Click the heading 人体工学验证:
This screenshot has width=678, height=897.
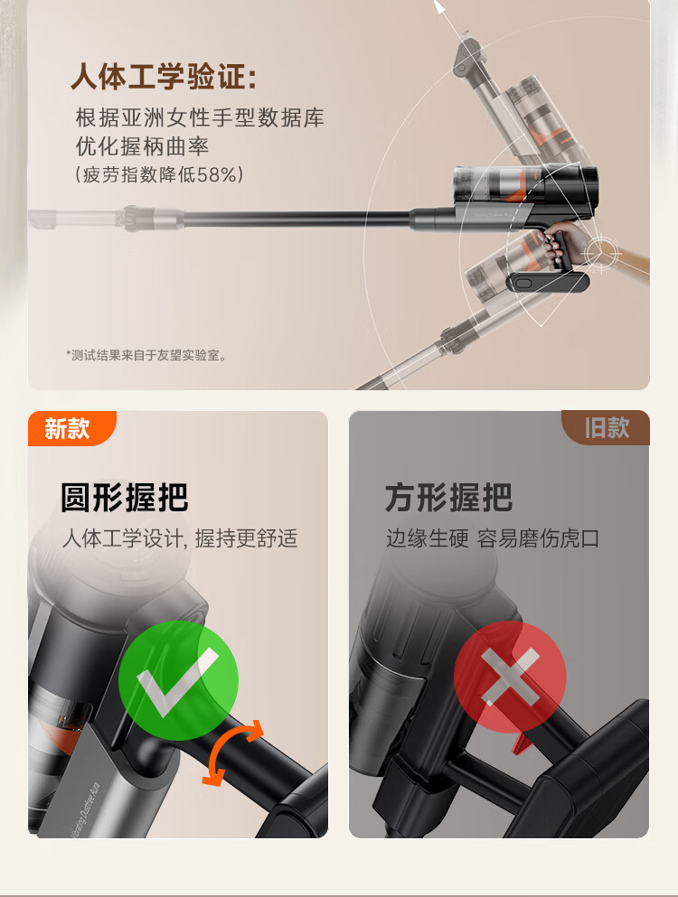tap(164, 76)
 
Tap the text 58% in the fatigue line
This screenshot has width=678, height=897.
tap(216, 174)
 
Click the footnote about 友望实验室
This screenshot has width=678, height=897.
tap(146, 355)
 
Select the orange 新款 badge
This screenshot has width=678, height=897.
tap(71, 428)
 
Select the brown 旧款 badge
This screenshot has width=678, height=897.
tap(606, 427)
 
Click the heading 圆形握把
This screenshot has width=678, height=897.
tap(124, 497)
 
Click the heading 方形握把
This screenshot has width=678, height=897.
tap(448, 497)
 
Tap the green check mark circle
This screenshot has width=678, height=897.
tap(178, 680)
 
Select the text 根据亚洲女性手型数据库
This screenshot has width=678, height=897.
tap(200, 117)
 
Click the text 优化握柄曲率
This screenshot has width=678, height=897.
tap(142, 146)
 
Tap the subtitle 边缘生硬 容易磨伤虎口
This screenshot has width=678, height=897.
tap(493, 538)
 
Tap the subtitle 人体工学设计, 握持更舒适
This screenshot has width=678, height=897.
tap(180, 538)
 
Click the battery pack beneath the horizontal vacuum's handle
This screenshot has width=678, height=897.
tap(549, 283)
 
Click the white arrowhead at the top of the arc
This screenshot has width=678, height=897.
tap(439, 7)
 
